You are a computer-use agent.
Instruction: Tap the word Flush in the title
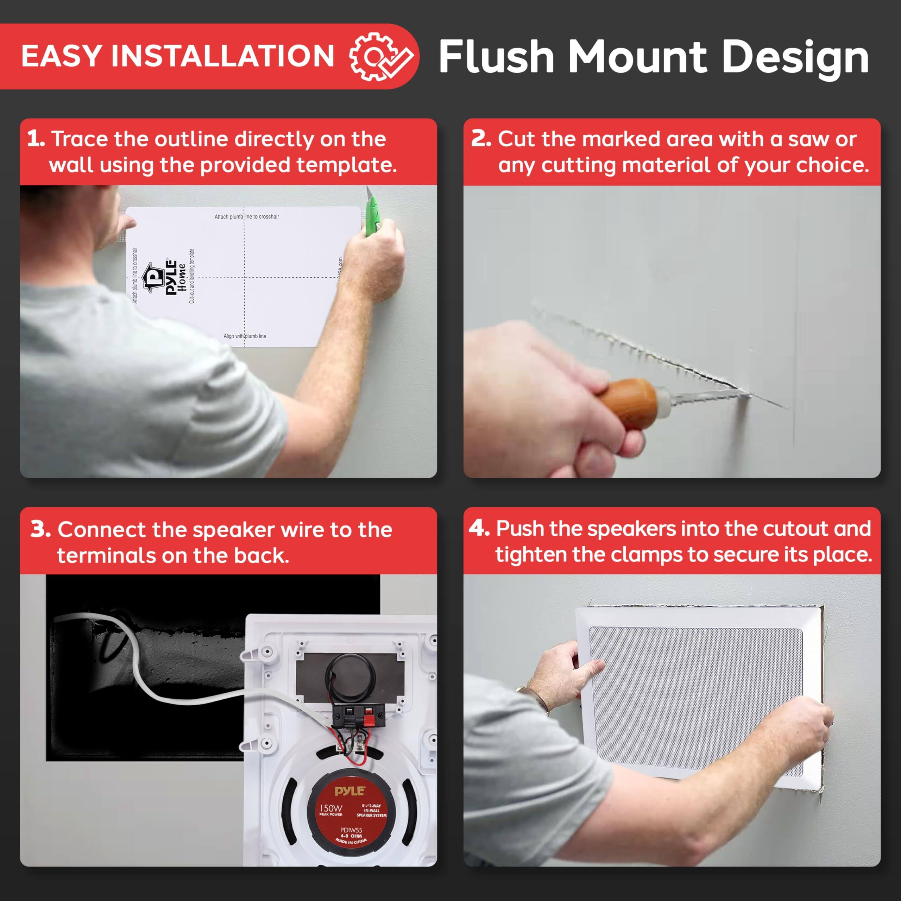click(x=496, y=57)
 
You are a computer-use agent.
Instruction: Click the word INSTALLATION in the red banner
click(x=222, y=56)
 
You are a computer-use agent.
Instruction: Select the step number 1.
click(x=36, y=139)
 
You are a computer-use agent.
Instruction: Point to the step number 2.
click(x=481, y=139)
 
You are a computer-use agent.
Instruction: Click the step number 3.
click(x=40, y=530)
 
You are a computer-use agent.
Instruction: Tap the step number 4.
click(x=479, y=528)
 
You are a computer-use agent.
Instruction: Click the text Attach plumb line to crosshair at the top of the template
click(x=246, y=217)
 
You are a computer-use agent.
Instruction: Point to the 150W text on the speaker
click(x=330, y=808)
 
